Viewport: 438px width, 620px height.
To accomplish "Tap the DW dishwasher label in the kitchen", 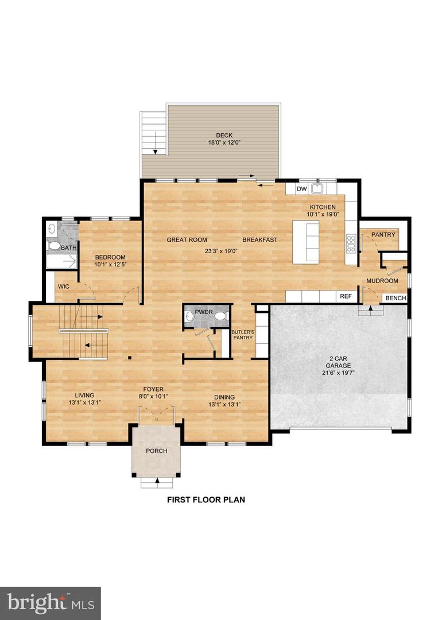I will pos(301,189).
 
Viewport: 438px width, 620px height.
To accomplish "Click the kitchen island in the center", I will pos(306,242).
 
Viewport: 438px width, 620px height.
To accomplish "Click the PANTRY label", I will pos(383,235).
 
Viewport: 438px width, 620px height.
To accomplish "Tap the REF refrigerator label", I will pos(346,296).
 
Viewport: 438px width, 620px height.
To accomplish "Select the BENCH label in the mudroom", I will pos(395,298).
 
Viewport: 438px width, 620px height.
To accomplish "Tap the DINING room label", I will pos(224,397).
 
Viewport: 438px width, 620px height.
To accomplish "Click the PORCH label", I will pos(156,451).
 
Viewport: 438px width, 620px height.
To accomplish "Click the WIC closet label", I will pos(63,285).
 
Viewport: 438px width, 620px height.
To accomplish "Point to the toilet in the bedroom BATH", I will pos(55,246).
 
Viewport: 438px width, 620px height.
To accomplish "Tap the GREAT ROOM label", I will pos(187,240).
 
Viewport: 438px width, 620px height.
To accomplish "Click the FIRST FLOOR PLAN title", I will pos(206,499).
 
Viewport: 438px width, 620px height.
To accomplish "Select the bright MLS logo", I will pos(51,603).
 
